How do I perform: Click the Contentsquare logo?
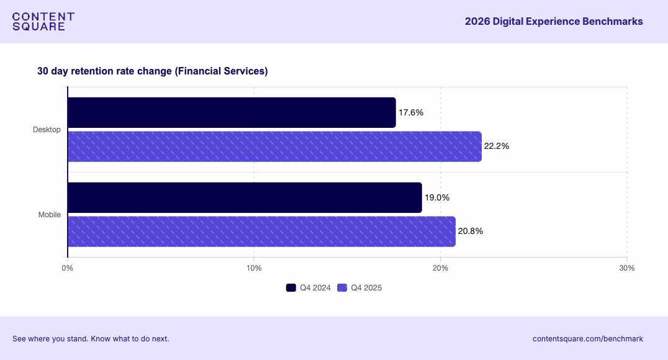click(x=43, y=22)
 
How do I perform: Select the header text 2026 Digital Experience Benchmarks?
click(x=553, y=22)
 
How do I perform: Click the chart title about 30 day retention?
click(x=152, y=71)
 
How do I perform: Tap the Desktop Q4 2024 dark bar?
click(x=231, y=112)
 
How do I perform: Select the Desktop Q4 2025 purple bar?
click(x=274, y=146)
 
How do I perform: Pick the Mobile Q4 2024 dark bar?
click(x=244, y=197)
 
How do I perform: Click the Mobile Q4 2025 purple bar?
click(x=261, y=232)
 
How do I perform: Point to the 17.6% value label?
click(x=411, y=112)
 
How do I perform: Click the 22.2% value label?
click(x=497, y=146)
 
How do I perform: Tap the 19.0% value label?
click(x=437, y=197)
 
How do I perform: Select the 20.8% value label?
click(x=471, y=232)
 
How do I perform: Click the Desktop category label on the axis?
click(x=47, y=130)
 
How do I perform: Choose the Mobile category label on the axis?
click(x=50, y=215)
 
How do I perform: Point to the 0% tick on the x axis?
click(x=68, y=268)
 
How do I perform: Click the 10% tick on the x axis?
click(x=254, y=268)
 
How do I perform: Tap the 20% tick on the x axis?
click(x=440, y=268)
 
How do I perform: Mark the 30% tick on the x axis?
click(x=626, y=268)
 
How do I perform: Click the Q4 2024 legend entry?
click(x=309, y=287)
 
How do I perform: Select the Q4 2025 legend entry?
click(x=359, y=287)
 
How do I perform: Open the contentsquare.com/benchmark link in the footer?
click(x=587, y=339)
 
